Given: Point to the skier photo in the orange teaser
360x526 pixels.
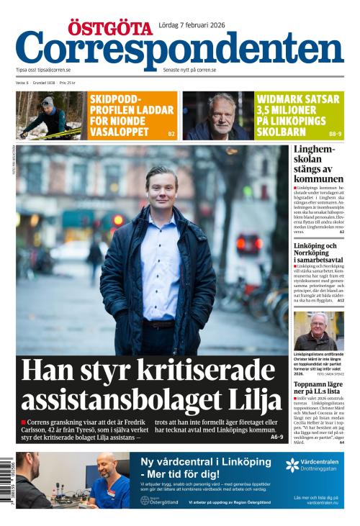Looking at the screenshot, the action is [49, 115].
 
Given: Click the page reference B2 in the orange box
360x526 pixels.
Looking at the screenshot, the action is [171, 135].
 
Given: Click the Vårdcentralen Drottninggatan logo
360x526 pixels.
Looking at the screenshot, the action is [311, 466].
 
